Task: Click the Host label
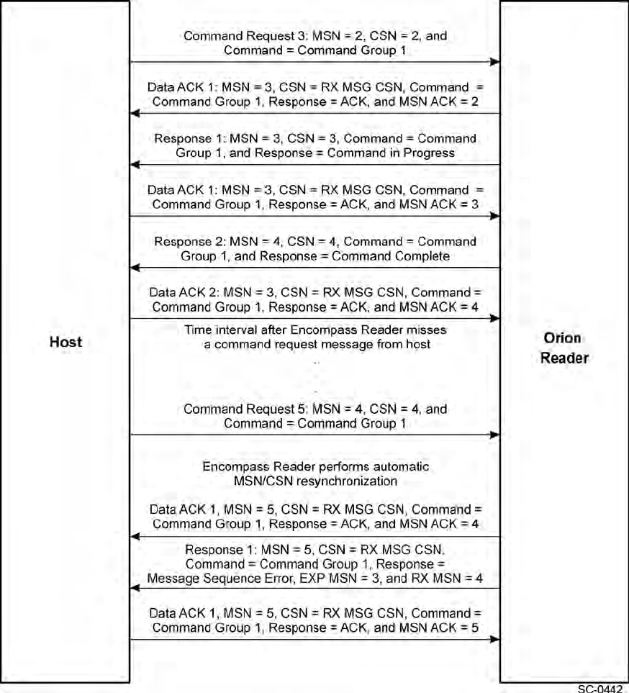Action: coord(65,342)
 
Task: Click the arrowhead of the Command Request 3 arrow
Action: coord(495,62)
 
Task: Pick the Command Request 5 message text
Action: coord(314,416)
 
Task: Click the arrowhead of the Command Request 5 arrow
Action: coord(495,435)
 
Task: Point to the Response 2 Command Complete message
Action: coord(314,248)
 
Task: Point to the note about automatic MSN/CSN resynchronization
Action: coord(314,474)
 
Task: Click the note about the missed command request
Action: coord(314,337)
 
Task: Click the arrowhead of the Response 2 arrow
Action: coord(135,268)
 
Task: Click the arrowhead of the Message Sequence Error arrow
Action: coord(135,588)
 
